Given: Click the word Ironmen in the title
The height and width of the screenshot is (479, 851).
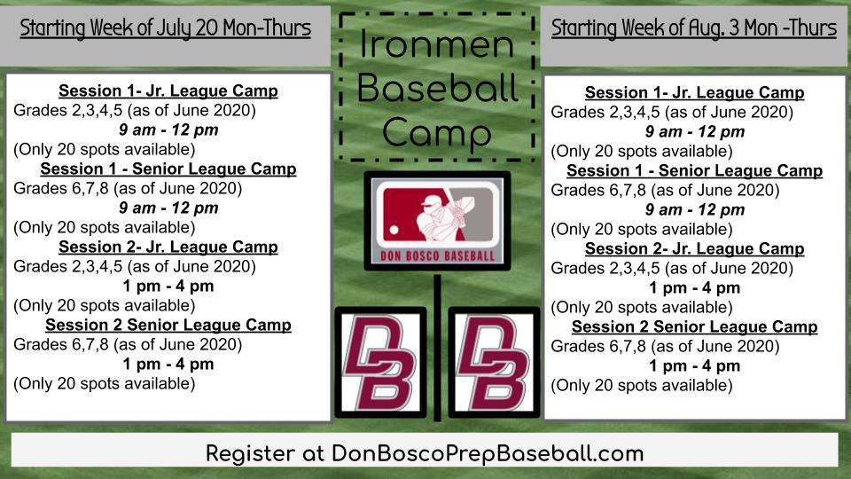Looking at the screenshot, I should tap(437, 45).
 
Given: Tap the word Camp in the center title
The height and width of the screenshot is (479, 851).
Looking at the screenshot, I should tap(437, 134).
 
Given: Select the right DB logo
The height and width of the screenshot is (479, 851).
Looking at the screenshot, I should tap(494, 362).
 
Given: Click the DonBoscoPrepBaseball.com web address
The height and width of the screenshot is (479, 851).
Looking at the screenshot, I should tap(488, 453).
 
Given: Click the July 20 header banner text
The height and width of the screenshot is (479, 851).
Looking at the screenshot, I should tap(165, 28).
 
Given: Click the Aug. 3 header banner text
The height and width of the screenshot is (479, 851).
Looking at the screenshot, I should tap(694, 28).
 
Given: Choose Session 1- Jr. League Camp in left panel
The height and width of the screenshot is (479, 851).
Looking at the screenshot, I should tap(168, 91).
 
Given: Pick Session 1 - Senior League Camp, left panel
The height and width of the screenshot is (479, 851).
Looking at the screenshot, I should tap(168, 169).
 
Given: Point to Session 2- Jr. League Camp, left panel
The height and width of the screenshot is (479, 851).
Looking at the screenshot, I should tap(168, 247).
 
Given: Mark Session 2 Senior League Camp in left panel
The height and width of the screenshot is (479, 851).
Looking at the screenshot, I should tap(168, 325).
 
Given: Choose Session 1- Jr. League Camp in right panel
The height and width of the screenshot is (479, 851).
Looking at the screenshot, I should tap(695, 93).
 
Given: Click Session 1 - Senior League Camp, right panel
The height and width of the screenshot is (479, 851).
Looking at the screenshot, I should tap(695, 171).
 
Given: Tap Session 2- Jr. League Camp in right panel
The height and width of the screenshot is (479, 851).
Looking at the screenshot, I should tap(695, 249).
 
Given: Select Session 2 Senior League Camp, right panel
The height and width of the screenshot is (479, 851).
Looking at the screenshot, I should tap(695, 327).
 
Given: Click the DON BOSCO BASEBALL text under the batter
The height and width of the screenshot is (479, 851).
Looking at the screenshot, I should tap(437, 256).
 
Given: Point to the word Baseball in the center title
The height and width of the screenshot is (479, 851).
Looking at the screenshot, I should tap(437, 89).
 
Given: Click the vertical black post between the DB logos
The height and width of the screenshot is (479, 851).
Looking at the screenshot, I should tap(437, 355).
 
